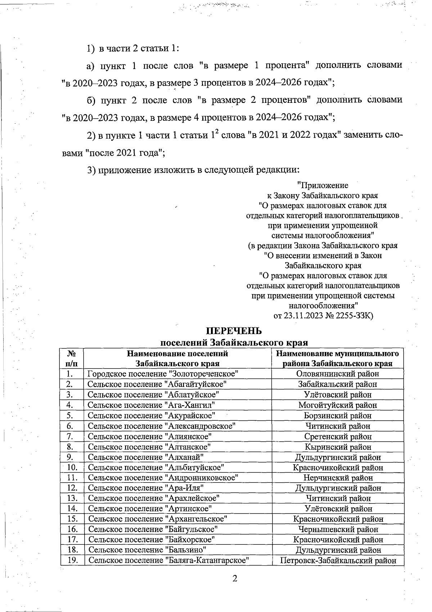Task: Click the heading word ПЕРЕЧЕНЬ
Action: tap(234, 330)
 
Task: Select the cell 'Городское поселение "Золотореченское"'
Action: tap(163, 374)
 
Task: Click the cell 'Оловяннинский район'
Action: tap(337, 374)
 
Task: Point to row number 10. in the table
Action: tap(72, 467)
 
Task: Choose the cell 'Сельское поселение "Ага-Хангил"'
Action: tap(152, 405)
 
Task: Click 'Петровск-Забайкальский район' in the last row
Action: tap(338, 560)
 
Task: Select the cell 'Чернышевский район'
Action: tap(338, 529)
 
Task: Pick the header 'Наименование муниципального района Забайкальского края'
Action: tap(337, 358)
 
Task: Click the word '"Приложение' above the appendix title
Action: tap(323, 186)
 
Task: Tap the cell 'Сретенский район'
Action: tap(337, 437)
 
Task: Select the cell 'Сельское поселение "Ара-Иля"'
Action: tap(146, 488)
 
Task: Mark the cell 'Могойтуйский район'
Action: tap(337, 405)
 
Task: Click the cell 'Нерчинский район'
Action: tap(338, 478)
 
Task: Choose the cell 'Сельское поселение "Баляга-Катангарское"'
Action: tap(169, 560)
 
